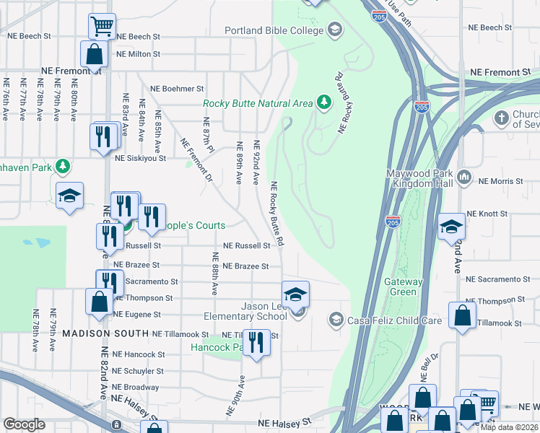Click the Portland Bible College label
pos(274,30)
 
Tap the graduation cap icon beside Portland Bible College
pos(334,30)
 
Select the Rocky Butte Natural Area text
pos(258,104)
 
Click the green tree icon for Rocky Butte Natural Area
pos(324,103)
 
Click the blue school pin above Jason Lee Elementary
pos(295,294)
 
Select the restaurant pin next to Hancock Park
pos(256,341)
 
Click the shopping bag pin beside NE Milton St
pos(94,53)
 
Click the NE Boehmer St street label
pos(177,89)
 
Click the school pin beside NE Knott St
pos(451,227)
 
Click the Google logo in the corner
pos(24,424)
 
